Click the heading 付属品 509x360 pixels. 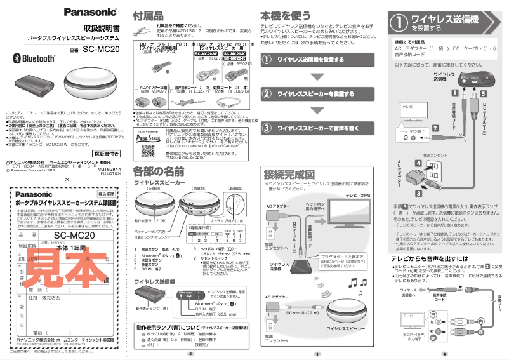(147, 15)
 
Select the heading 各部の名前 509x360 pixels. (159, 171)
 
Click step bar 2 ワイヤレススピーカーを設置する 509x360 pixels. (315, 93)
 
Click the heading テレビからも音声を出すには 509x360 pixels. (430, 258)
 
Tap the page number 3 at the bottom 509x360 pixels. (318, 353)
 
